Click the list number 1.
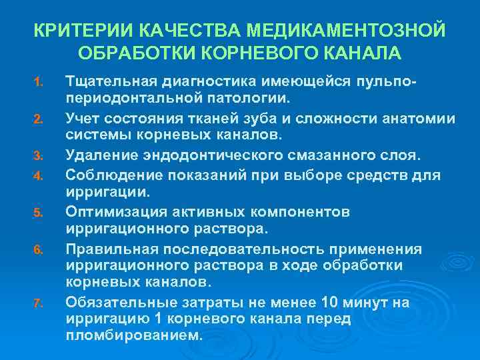(39, 83)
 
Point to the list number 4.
(39, 177)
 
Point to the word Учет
(83, 119)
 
